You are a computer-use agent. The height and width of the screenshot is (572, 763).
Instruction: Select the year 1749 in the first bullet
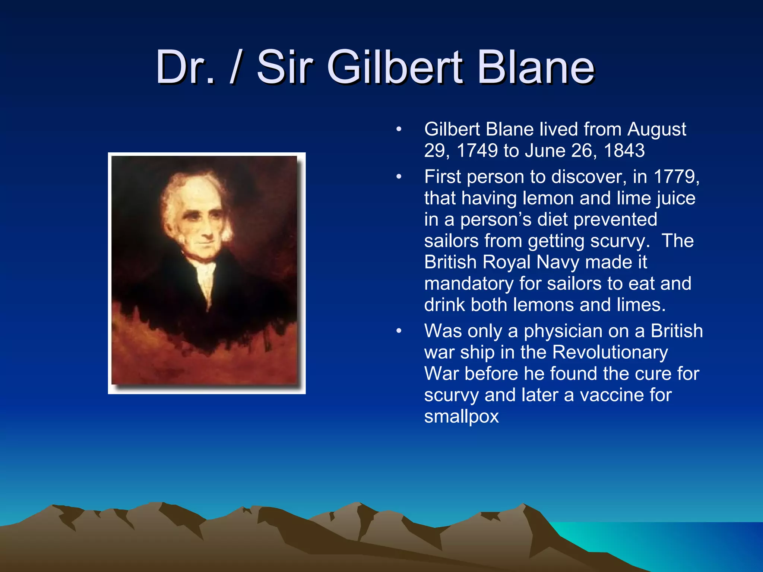click(x=477, y=151)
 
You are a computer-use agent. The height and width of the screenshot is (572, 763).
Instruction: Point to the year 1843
click(x=624, y=151)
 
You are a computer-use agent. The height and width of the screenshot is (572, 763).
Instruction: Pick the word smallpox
click(x=461, y=416)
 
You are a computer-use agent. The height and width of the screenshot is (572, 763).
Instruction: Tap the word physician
click(x=558, y=331)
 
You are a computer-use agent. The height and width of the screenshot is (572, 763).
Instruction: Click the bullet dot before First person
click(x=399, y=177)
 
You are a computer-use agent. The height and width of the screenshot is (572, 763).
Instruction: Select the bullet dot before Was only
click(x=399, y=331)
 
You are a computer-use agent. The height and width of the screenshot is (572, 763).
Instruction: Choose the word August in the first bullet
click(x=656, y=130)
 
